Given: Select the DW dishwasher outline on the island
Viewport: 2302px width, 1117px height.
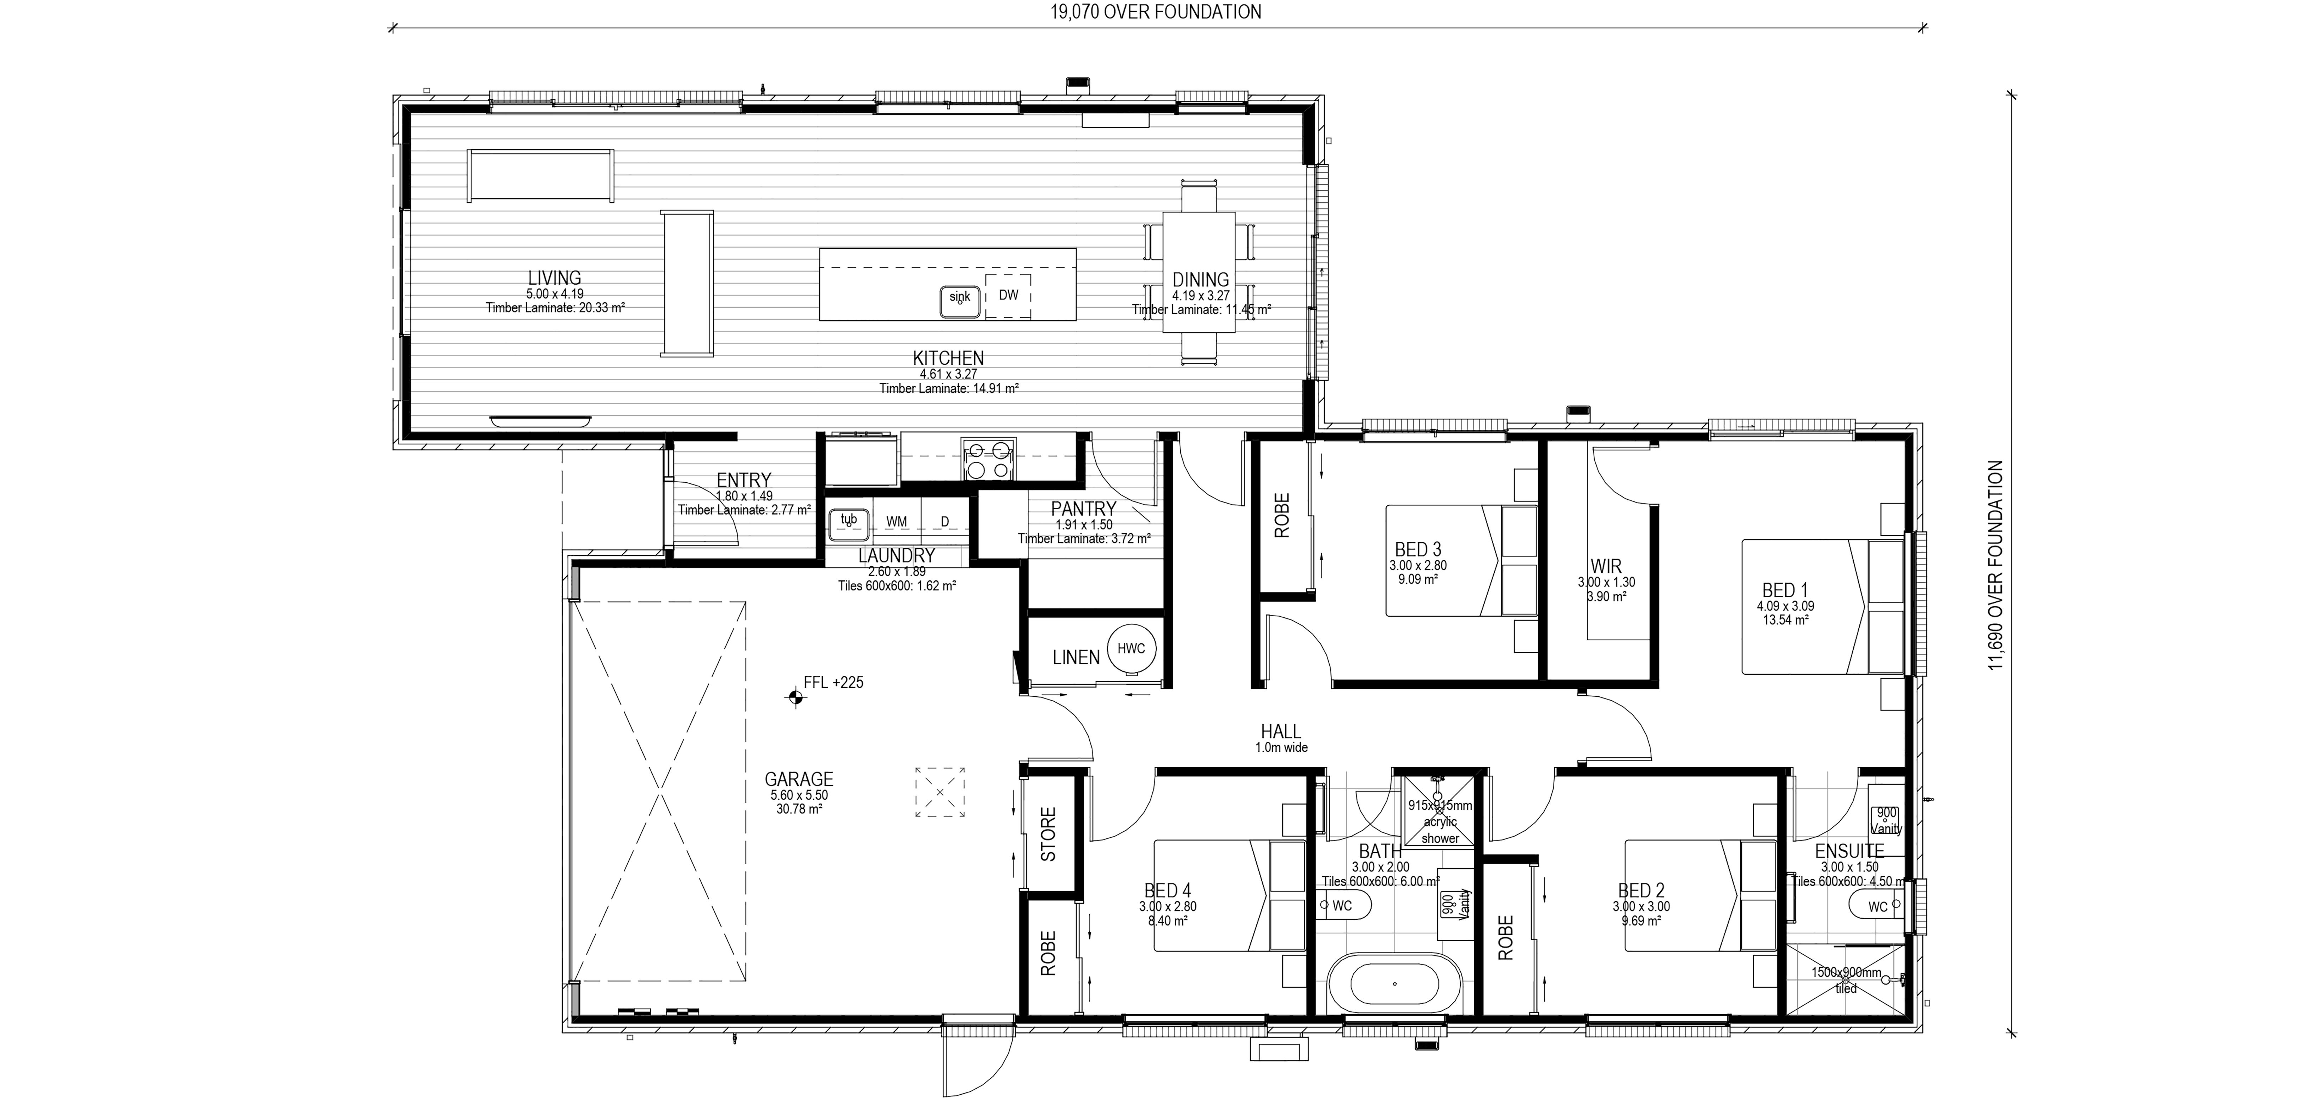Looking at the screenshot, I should click(1008, 296).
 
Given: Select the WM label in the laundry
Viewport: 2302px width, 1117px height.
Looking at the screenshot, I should click(896, 522).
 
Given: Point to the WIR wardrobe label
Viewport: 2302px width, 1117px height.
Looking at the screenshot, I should click(1606, 567).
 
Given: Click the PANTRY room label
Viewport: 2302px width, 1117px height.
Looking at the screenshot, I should click(1083, 509).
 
